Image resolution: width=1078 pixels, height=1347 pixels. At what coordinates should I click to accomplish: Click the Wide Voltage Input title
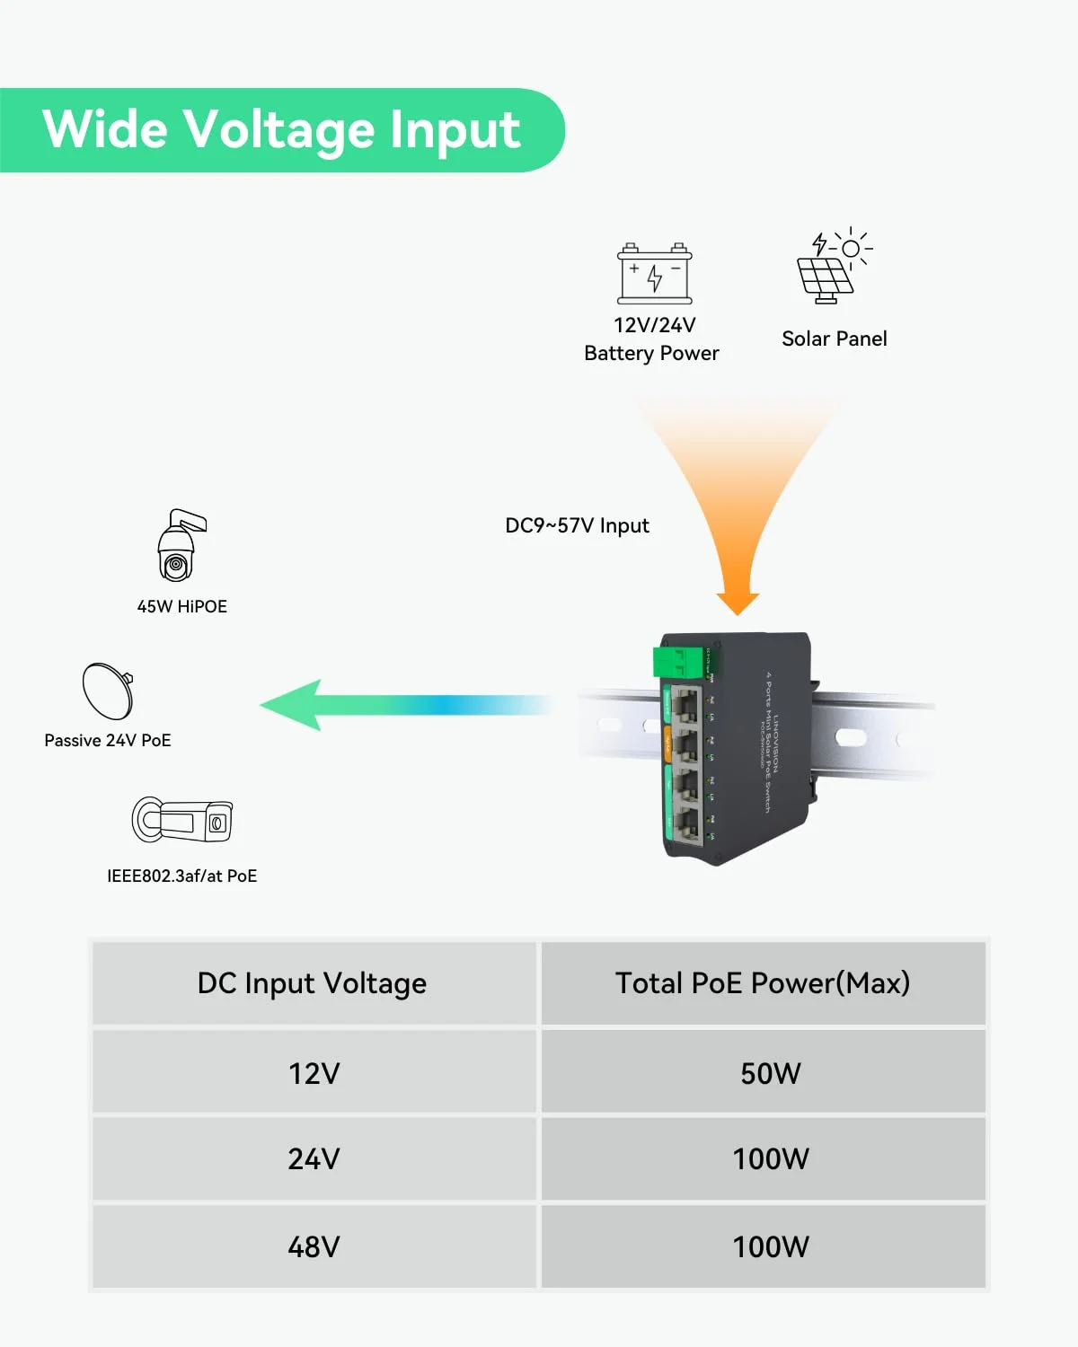[281, 129]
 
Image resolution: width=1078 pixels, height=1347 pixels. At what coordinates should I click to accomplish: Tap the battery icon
[655, 274]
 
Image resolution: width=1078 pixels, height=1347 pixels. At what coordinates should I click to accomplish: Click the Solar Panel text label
[834, 339]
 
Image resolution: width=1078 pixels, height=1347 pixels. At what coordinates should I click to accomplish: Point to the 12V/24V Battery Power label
[651, 339]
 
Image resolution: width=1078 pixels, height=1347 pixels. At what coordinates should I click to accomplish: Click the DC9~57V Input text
[577, 525]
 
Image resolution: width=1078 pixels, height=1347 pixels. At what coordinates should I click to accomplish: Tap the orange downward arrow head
[738, 603]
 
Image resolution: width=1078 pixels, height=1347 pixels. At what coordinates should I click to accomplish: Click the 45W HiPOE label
[181, 606]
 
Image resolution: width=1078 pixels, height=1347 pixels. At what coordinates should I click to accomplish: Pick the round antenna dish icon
[108, 691]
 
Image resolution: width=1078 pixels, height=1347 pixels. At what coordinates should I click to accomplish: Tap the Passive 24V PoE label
[108, 740]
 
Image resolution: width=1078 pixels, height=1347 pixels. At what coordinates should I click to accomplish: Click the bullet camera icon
[182, 819]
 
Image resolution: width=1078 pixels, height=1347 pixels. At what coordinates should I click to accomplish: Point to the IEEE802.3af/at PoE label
[181, 876]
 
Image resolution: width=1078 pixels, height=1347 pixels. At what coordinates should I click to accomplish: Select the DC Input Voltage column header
[312, 983]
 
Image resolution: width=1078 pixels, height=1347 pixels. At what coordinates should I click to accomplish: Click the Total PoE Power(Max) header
[763, 983]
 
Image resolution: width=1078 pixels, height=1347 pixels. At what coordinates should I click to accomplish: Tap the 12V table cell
[314, 1073]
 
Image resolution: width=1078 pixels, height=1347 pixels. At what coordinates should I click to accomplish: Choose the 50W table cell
[770, 1073]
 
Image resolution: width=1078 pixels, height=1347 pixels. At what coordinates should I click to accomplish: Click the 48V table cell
[314, 1246]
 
